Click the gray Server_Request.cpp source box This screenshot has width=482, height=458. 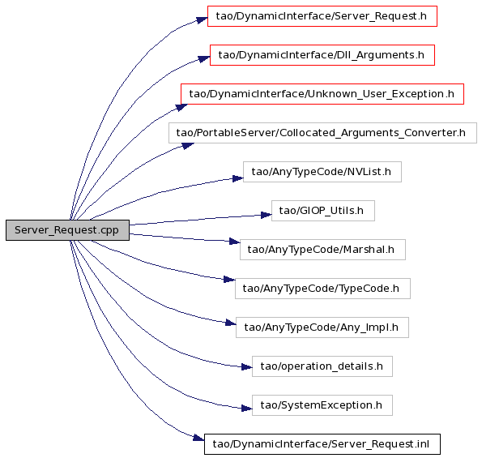[67, 230]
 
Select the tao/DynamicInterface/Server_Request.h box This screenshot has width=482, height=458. [322, 16]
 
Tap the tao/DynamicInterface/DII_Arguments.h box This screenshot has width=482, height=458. [322, 55]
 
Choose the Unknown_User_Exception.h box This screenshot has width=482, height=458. [322, 94]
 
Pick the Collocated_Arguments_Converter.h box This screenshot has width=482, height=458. [322, 133]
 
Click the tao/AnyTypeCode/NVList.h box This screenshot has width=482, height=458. [322, 172]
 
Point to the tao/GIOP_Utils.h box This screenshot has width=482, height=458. [322, 211]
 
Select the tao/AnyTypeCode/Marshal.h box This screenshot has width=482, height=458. [322, 250]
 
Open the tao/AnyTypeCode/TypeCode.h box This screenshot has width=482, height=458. [322, 289]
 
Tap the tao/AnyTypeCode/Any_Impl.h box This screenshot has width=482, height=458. [322, 327]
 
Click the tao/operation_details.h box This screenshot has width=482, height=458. [322, 366]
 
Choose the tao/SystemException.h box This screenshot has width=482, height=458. [322, 405]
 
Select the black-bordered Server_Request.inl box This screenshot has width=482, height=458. [322, 444]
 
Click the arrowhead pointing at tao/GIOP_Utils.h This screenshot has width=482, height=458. [267, 215]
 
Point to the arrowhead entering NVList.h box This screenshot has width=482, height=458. [238, 178]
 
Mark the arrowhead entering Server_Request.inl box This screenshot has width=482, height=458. [198, 438]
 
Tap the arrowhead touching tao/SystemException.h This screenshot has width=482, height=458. [247, 409]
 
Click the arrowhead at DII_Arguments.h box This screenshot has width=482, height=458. [204, 58]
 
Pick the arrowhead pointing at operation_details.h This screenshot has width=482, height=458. [247, 367]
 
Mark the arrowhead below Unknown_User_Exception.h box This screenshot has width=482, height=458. [181, 107]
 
